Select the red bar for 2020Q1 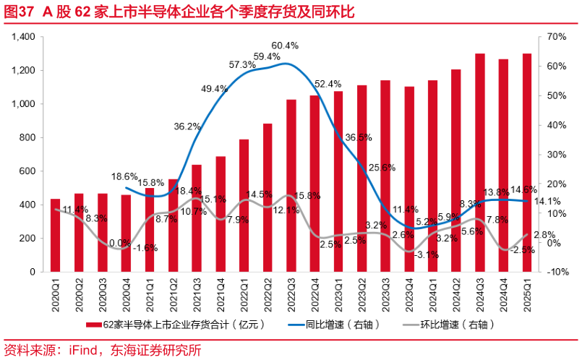click(55, 236)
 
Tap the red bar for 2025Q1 click(526, 163)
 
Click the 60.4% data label click(285, 46)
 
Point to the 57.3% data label click(242, 65)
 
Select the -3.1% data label click(427, 254)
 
